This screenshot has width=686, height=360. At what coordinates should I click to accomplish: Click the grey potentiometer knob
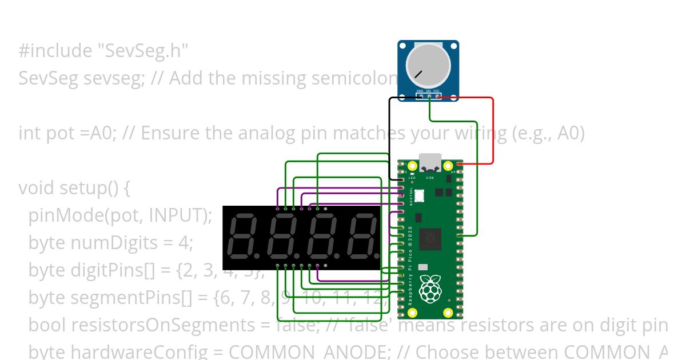coord(428,66)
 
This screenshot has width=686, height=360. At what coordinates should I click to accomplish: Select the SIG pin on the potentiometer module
coord(429,95)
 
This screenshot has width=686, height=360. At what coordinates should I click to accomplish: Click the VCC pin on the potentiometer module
coord(437,95)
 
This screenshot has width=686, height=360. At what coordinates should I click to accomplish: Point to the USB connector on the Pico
coord(430,162)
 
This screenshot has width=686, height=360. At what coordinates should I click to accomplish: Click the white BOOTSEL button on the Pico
coord(420,195)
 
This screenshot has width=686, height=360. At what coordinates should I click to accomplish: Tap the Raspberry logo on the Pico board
coord(429,289)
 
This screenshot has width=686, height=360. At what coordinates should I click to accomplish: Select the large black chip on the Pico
coord(430,239)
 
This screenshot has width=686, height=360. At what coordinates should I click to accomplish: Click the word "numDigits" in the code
coord(115,243)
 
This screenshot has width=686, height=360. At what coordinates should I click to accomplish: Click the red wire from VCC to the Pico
coord(492,131)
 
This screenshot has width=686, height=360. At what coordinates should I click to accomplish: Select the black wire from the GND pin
coord(390,137)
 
